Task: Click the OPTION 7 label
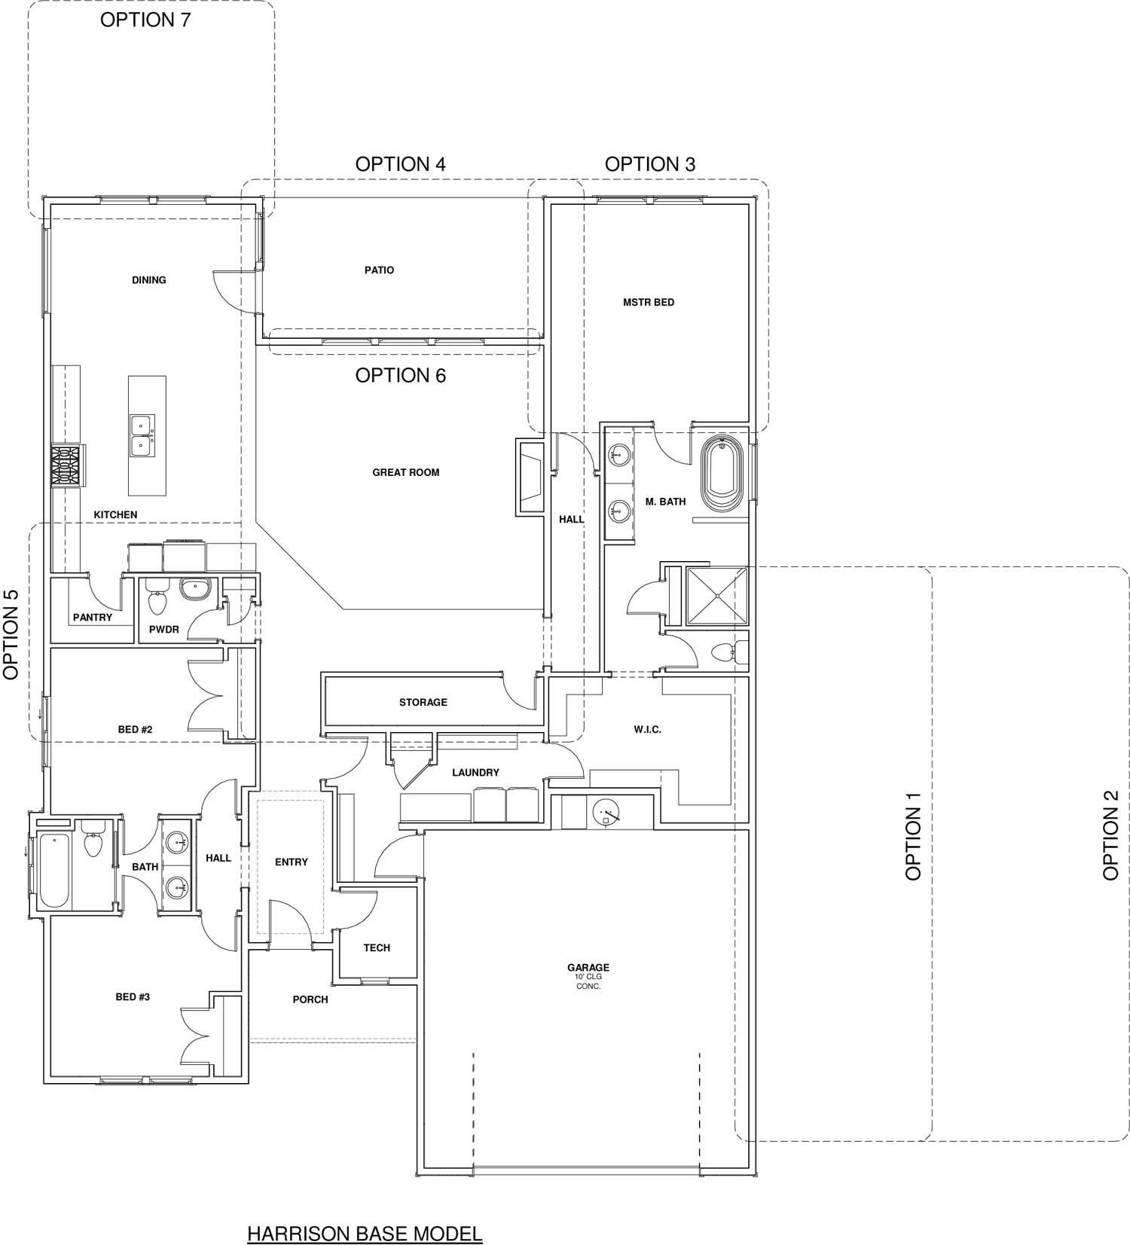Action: (145, 20)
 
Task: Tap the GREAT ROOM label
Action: (405, 473)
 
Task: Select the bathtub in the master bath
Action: (722, 475)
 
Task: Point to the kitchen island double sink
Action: (142, 435)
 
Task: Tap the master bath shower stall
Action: (716, 596)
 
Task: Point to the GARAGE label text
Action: (588, 968)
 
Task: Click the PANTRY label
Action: (93, 618)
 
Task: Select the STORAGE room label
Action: (423, 703)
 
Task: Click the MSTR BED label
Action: (649, 303)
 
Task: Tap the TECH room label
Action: (377, 948)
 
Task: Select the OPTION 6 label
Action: (400, 375)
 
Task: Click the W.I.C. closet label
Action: (647, 730)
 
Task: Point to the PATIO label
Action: (379, 270)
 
